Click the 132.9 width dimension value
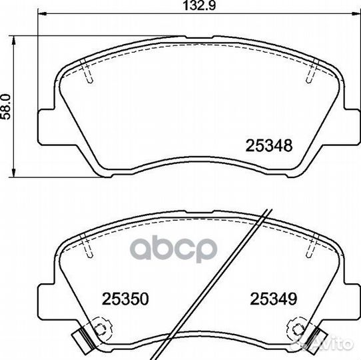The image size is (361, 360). coord(199,5)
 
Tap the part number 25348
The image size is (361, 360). coord(269,145)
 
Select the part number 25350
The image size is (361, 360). coord(125,299)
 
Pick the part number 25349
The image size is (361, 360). coord(274,299)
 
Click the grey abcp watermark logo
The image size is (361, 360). coord(173,249)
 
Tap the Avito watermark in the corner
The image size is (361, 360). coord(326,344)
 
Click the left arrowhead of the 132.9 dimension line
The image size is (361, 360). coord(42,14)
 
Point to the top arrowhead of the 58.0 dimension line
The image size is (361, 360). coord(14,41)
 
